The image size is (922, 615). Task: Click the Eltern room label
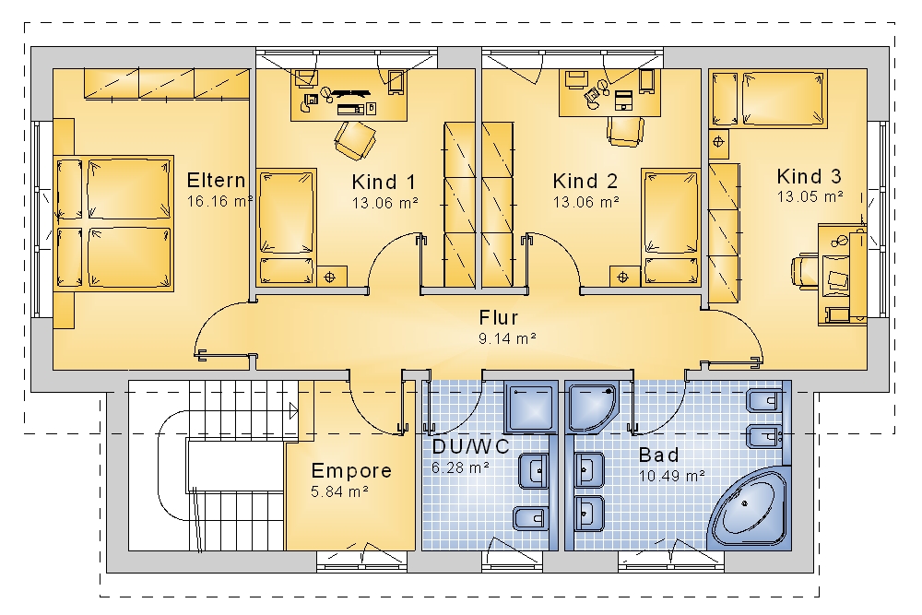pos(216,180)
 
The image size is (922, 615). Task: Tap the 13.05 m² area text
pos(810,196)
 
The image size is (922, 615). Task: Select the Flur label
pos(499,317)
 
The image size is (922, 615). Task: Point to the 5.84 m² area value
pos(339,491)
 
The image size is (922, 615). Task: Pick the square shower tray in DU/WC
pos(531,408)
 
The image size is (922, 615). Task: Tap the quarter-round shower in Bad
pos(593,407)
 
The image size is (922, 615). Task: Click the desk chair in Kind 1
pos(355,140)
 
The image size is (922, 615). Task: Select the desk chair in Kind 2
pos(626,131)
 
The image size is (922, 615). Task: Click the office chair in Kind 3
pos(806,270)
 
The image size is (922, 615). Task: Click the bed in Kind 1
pos(287,228)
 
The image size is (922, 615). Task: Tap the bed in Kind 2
pos(671,228)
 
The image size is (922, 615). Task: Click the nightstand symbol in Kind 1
pos(330,277)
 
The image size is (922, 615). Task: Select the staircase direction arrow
pos(293,410)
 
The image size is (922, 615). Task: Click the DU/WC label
pos(470,447)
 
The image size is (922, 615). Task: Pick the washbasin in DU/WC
pos(533,471)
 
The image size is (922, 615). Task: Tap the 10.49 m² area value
pos(672,476)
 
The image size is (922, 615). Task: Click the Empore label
pos(351,470)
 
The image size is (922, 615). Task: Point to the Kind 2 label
pos(585,181)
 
